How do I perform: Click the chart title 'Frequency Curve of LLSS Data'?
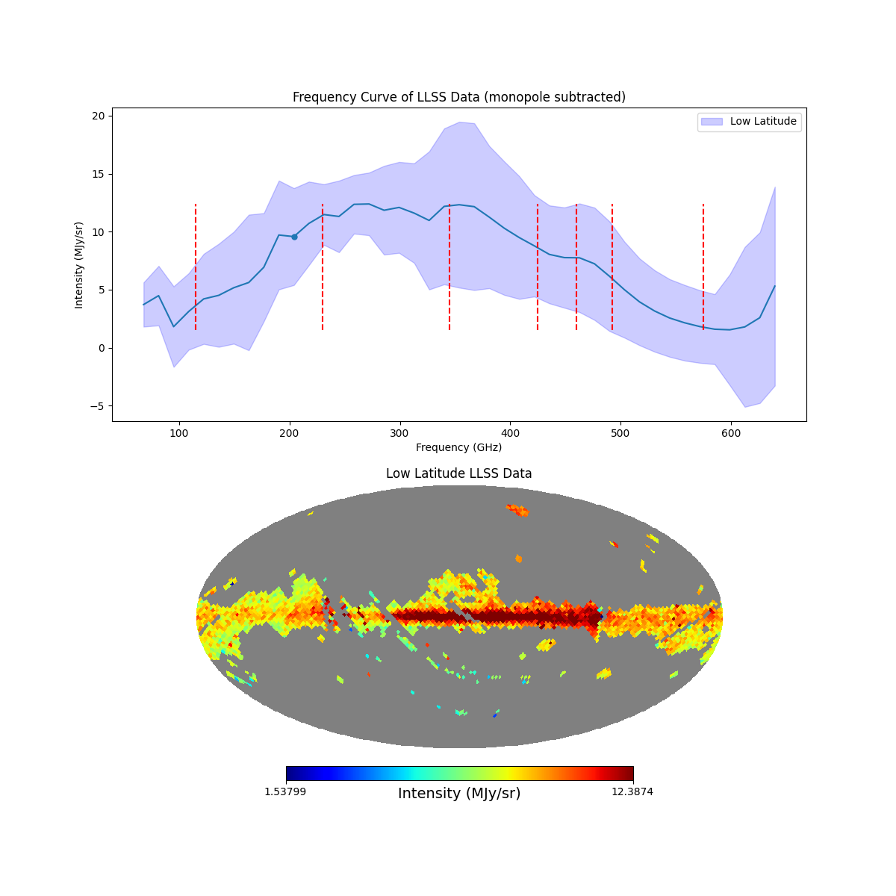(x=458, y=97)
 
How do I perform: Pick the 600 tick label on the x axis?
(x=731, y=433)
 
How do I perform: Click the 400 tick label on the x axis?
(x=510, y=433)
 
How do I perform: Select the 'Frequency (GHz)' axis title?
(x=458, y=447)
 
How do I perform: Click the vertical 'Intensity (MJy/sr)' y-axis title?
(x=79, y=264)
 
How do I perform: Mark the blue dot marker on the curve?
(x=294, y=237)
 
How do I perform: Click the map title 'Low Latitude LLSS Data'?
(x=458, y=473)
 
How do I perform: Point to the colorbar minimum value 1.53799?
(x=284, y=791)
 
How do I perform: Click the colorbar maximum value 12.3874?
(x=632, y=791)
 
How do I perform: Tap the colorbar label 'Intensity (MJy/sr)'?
(x=459, y=794)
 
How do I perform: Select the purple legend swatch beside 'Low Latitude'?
(x=712, y=121)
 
